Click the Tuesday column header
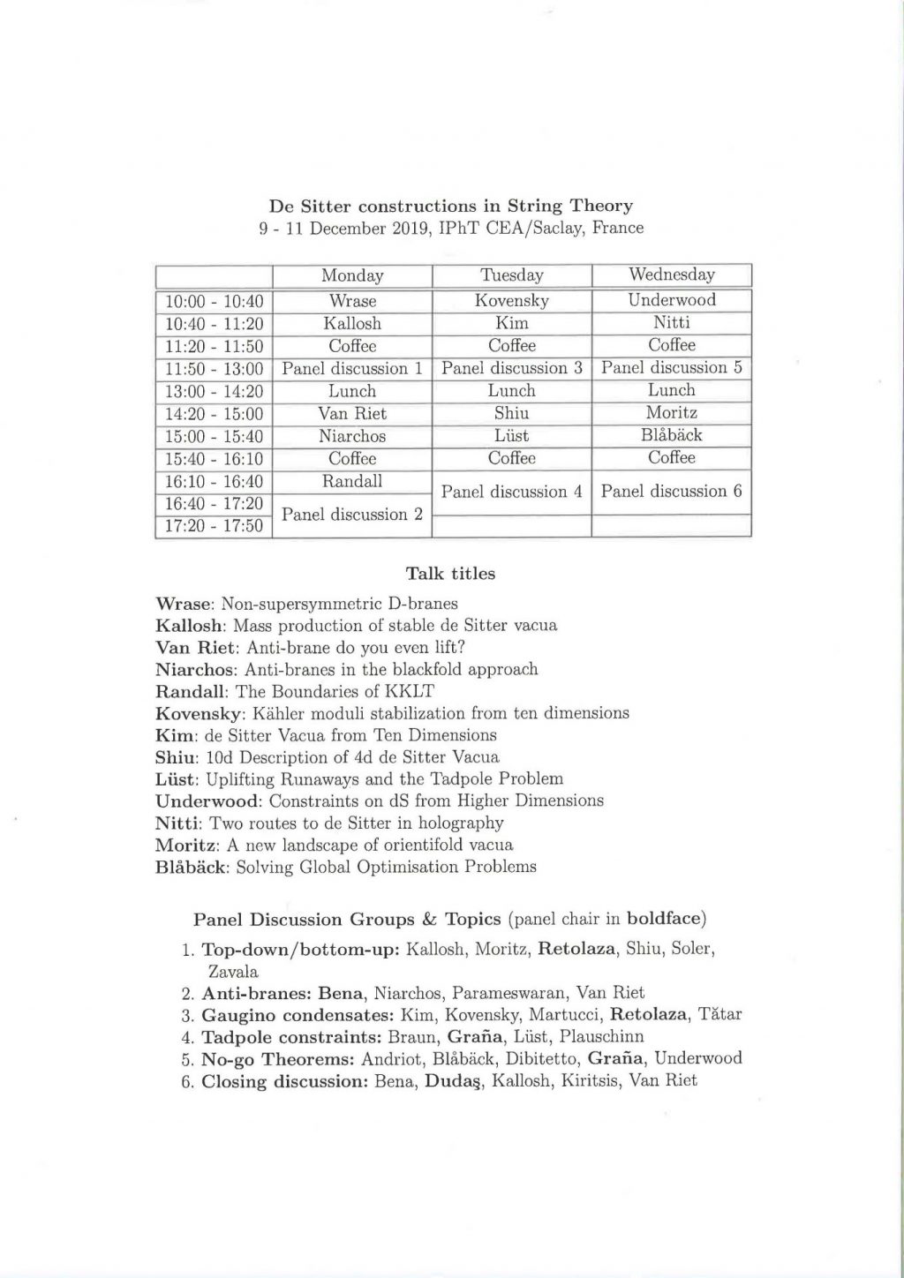(x=512, y=275)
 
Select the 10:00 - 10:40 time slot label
(x=215, y=302)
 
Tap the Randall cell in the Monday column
(x=352, y=482)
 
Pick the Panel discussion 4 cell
(x=512, y=492)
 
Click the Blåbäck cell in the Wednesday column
(x=672, y=435)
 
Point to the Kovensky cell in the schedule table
(x=512, y=300)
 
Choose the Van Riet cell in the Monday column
(x=352, y=413)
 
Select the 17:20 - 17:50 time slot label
(x=215, y=527)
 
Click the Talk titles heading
(x=450, y=574)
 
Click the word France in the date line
(x=618, y=228)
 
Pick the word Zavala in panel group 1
(x=233, y=972)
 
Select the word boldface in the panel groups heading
(x=664, y=920)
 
